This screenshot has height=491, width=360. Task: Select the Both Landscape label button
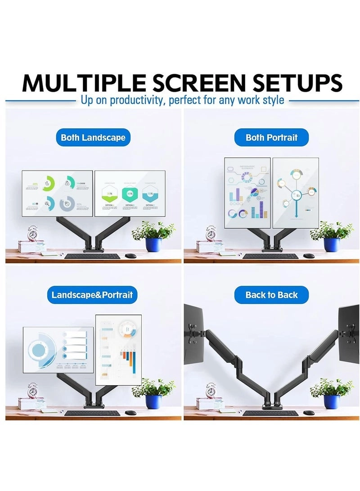93,137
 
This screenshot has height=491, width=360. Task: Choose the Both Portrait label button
271,137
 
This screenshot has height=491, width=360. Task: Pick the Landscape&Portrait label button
92,295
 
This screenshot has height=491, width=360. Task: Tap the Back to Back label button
271,295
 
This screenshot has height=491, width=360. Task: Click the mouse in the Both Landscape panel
130,256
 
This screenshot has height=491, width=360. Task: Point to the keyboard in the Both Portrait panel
270,256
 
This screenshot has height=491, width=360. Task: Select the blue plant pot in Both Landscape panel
153,244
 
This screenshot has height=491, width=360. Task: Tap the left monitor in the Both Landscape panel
58,193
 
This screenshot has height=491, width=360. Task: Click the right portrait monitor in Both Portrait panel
296,192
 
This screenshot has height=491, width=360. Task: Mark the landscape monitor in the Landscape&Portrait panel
58,350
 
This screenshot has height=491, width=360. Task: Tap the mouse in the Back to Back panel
309,412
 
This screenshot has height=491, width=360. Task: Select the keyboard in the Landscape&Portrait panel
92,413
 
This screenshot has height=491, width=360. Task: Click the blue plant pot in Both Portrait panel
331,244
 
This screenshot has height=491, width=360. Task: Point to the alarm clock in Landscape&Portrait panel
32,390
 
